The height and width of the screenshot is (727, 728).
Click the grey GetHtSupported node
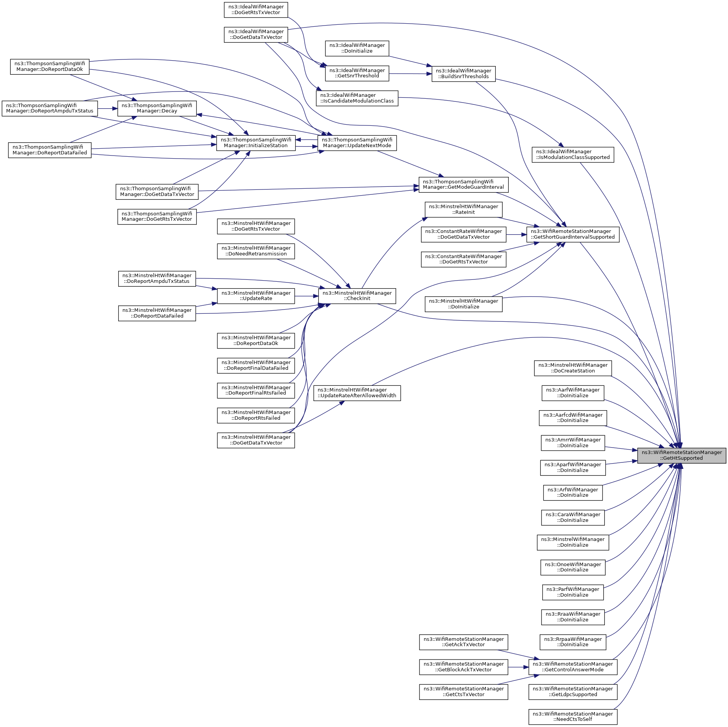(681, 456)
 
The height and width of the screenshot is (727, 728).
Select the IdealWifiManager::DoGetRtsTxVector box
(256, 10)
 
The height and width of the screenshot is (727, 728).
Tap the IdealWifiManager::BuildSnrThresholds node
(463, 74)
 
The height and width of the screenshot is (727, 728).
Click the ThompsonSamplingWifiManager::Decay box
(157, 108)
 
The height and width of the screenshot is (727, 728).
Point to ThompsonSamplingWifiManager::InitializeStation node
(256, 143)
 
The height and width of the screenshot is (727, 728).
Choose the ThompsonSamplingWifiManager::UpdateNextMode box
(357, 143)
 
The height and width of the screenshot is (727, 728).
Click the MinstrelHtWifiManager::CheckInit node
(357, 296)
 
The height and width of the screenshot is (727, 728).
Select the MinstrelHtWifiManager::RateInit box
(463, 209)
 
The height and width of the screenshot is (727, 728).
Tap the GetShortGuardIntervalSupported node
(572, 234)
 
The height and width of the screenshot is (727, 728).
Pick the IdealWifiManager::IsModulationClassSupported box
(573, 154)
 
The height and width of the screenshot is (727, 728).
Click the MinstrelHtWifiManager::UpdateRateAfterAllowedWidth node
(357, 393)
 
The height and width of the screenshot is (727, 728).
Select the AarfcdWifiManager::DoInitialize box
(573, 418)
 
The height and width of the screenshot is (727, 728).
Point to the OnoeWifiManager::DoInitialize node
(573, 567)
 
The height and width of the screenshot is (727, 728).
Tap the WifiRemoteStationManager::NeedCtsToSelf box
(573, 717)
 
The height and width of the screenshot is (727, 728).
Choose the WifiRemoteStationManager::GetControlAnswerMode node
(573, 667)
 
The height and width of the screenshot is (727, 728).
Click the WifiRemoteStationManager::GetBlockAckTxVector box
(463, 667)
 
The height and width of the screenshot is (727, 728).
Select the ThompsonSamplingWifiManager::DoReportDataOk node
(50, 67)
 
